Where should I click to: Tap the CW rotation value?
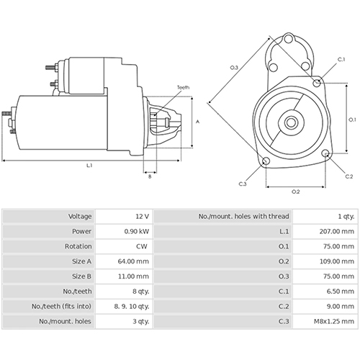(142, 246)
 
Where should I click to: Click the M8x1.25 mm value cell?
(337, 321)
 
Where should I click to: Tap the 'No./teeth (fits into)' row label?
(60, 306)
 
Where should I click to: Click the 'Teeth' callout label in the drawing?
(184, 88)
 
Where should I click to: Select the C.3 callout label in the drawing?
(243, 184)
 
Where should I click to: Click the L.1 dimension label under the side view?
(90, 166)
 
